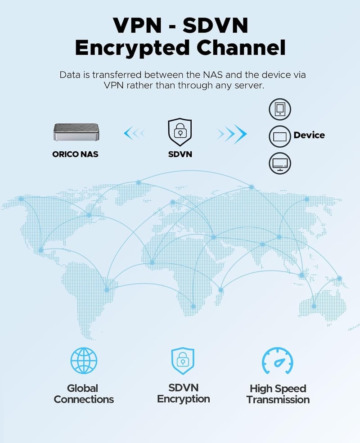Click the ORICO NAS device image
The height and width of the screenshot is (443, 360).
click(x=76, y=131)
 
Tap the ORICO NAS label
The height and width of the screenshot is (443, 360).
click(x=75, y=154)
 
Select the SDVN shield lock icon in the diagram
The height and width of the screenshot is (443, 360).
click(x=180, y=132)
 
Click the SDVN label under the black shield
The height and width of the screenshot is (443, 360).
click(x=180, y=154)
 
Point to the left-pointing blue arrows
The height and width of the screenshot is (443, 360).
click(x=135, y=133)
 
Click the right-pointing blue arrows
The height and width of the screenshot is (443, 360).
click(x=232, y=134)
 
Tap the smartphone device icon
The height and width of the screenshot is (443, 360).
click(x=279, y=109)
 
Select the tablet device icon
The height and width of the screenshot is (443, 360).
click(x=279, y=136)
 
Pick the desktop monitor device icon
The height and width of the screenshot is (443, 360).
click(x=279, y=163)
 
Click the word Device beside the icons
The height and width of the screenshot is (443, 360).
click(x=309, y=135)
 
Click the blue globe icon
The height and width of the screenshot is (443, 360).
click(x=84, y=361)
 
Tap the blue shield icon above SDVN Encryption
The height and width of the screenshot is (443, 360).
click(x=183, y=361)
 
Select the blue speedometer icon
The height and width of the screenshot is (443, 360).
click(x=278, y=361)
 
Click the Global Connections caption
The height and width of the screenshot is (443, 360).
click(x=84, y=394)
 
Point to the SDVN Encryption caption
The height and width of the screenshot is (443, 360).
click(x=183, y=393)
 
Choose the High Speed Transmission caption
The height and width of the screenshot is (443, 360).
click(x=278, y=394)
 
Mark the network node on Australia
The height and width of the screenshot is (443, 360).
click(x=314, y=306)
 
